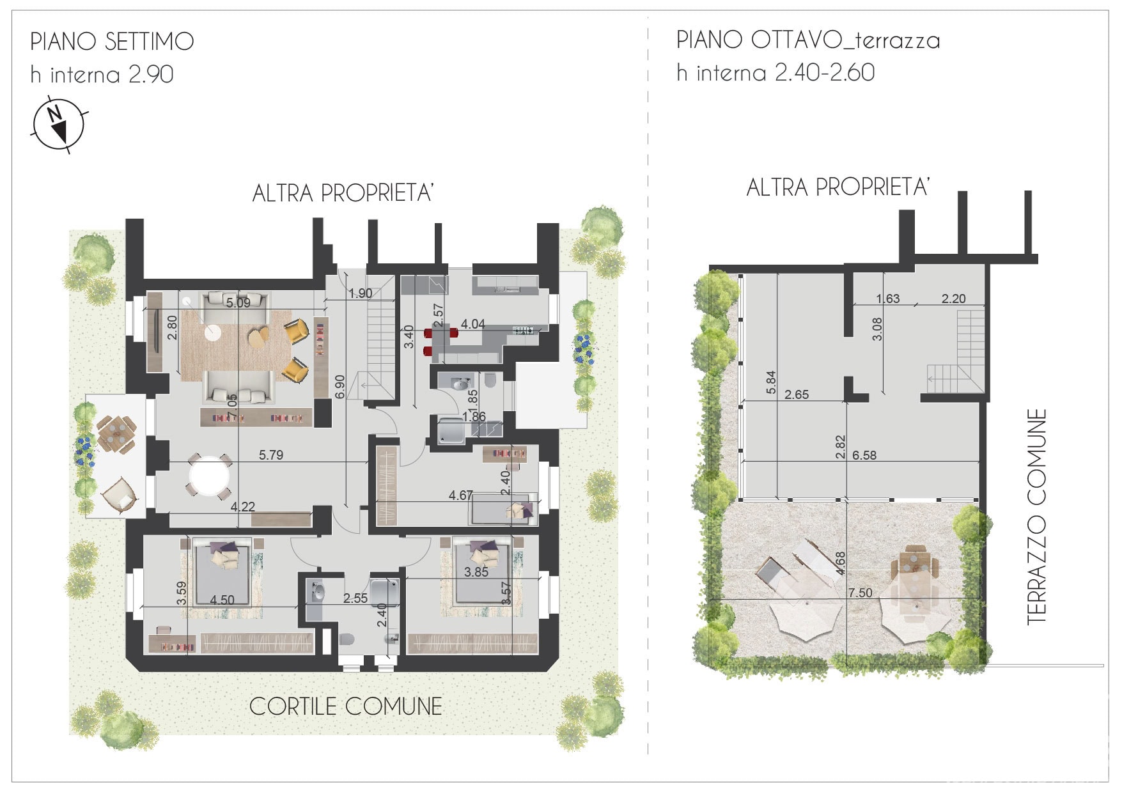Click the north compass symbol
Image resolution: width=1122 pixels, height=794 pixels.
(58, 125)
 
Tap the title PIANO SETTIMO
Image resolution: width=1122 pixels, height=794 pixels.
(112, 42)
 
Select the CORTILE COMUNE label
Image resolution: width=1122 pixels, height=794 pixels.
(345, 706)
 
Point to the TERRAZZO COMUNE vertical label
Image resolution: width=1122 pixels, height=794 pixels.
(1036, 517)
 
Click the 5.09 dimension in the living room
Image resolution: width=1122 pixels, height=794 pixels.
(238, 303)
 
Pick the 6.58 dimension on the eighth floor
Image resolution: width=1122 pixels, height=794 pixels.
(864, 455)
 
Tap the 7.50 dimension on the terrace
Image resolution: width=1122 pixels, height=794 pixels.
(860, 593)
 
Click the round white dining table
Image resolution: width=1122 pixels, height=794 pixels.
(209, 475)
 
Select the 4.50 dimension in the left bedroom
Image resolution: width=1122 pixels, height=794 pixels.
(222, 600)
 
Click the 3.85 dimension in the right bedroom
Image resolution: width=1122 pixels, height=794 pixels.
(476, 572)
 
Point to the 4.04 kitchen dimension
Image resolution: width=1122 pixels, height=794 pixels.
(473, 324)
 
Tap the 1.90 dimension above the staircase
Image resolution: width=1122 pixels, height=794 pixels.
(361, 293)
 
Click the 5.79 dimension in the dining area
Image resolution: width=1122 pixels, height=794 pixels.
(271, 455)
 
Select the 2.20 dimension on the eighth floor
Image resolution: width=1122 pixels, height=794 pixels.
(953, 299)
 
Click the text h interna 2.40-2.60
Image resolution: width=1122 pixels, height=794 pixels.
(775, 73)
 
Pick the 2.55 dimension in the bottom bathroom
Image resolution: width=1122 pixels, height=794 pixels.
(355, 598)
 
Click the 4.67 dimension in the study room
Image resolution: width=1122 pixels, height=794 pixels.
(461, 495)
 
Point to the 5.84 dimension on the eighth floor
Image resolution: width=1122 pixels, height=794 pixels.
(771, 382)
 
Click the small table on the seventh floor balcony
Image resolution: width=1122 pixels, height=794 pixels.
(117, 435)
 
